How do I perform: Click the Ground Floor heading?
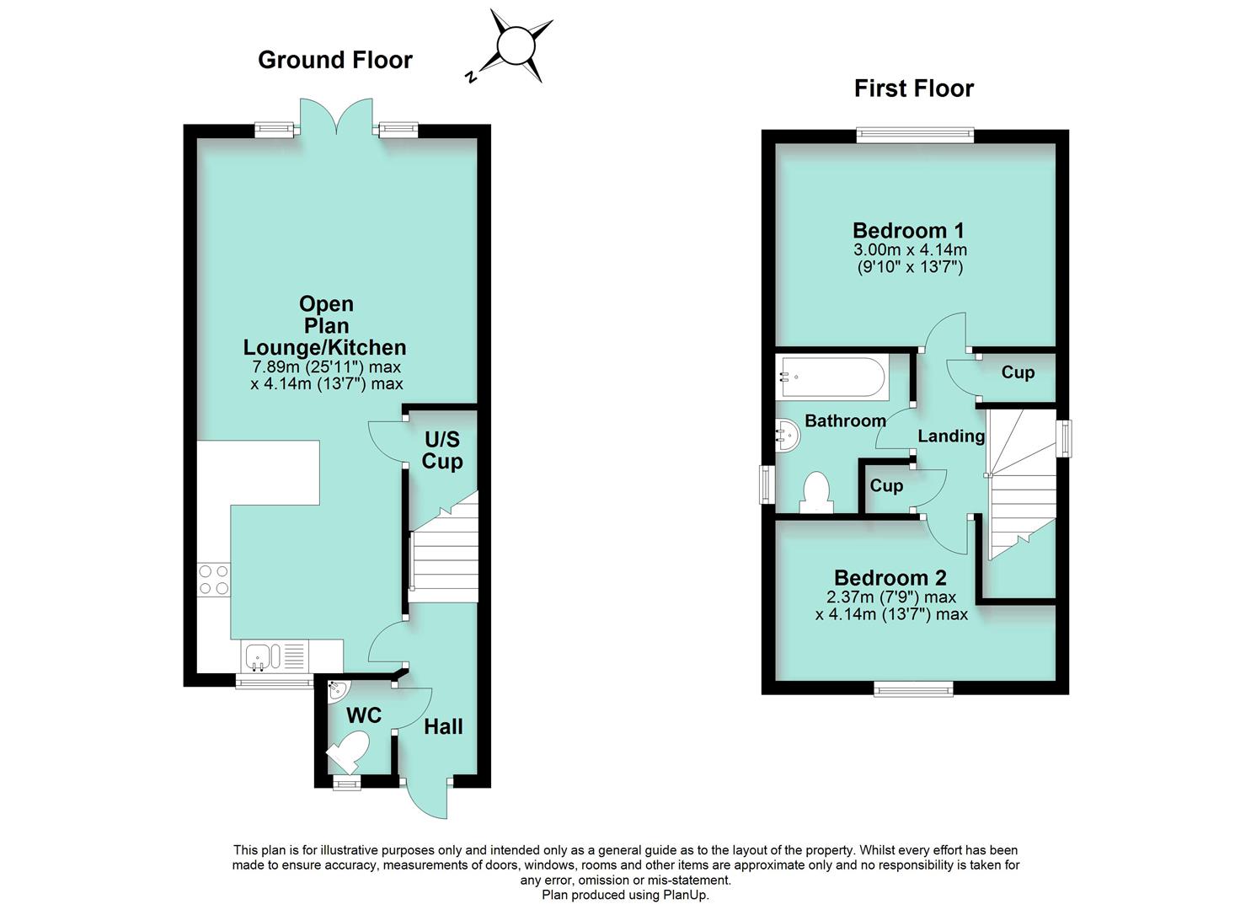[335, 60]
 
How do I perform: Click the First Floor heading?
[914, 88]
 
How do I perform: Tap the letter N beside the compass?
[472, 77]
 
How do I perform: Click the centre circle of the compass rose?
[516, 46]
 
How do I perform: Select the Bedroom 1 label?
[909, 230]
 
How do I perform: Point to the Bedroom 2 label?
[890, 578]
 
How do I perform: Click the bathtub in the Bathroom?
[832, 377]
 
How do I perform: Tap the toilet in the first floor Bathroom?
[816, 492]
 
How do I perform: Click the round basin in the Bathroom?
[788, 436]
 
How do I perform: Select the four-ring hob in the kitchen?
[214, 580]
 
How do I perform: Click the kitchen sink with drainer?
[275, 656]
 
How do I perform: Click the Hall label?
[443, 727]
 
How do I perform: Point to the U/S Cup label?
[442, 450]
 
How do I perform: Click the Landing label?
[951, 436]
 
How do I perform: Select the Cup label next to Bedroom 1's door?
[1018, 372]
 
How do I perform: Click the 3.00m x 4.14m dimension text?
[911, 249]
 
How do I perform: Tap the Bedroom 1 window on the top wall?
[916, 135]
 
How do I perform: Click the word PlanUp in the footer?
[686, 894]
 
